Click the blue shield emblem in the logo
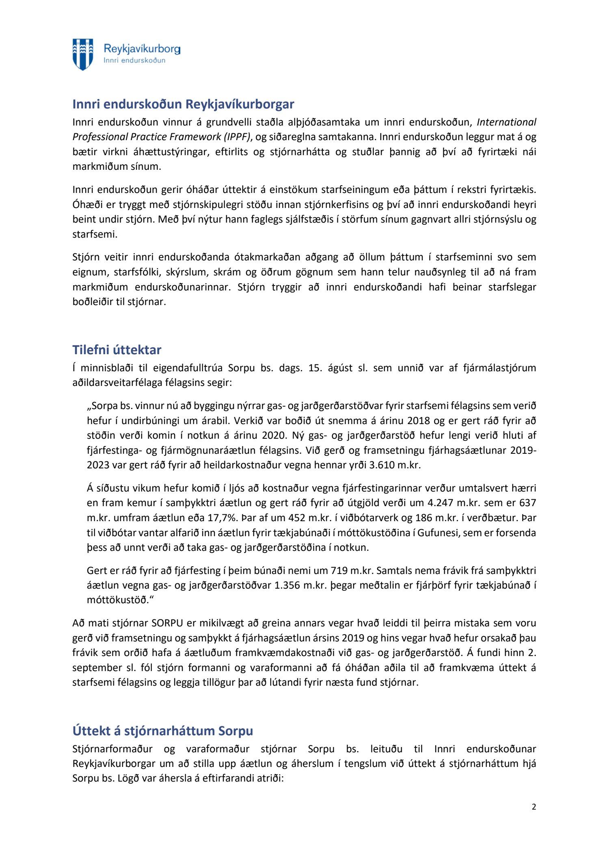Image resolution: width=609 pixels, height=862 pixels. pyautogui.click(x=83, y=54)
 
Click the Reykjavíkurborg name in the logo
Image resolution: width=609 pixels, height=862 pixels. pyautogui.click(x=142, y=49)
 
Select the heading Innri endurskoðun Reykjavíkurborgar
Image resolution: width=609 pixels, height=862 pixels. pyautogui.click(x=183, y=104)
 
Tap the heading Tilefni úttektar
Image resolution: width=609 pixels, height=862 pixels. pyautogui.click(x=117, y=350)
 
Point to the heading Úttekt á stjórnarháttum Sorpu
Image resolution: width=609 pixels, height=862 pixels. pyautogui.click(x=162, y=731)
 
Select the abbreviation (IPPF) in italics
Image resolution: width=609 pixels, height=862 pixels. pyautogui.click(x=235, y=137)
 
